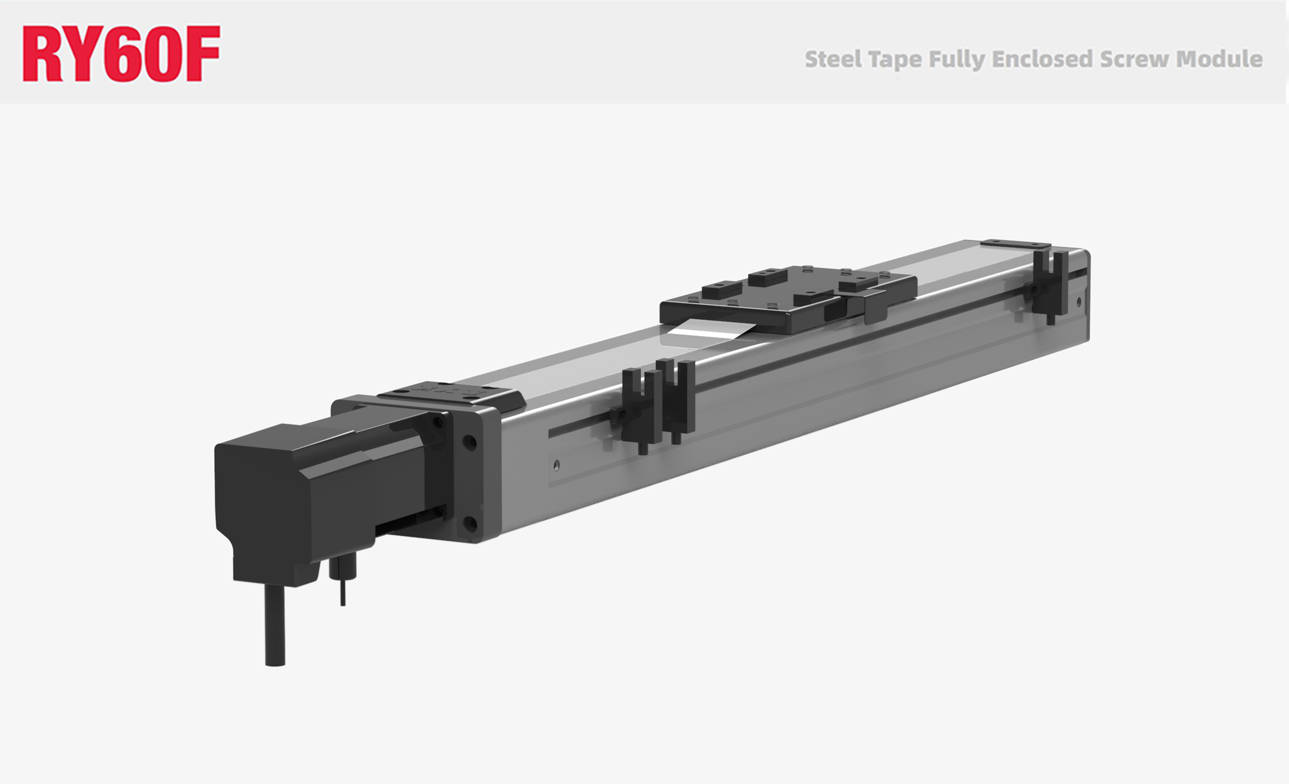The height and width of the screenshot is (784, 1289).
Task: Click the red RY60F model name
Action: click(x=121, y=53)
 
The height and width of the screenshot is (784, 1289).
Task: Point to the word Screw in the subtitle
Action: click(x=1134, y=59)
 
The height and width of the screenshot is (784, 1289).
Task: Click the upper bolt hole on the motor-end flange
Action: click(x=470, y=442)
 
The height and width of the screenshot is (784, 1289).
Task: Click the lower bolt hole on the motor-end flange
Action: click(x=470, y=523)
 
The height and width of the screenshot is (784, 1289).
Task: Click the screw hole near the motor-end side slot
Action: click(x=556, y=464)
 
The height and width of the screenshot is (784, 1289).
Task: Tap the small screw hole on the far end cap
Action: click(x=1079, y=301)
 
